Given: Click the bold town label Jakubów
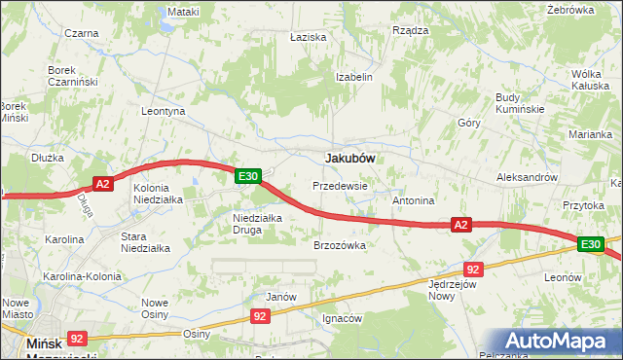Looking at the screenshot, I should [x=350, y=157].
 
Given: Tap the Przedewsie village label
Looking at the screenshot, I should [x=340, y=185].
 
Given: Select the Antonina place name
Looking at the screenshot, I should [x=413, y=200].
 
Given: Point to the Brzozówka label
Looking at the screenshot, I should [x=339, y=246].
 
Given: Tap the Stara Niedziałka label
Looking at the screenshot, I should [x=145, y=242].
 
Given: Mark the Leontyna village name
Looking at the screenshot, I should [x=164, y=112].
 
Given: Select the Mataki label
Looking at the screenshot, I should [x=183, y=12].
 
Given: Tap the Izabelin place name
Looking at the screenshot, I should [x=354, y=77].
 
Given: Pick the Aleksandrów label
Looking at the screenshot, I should [x=527, y=178].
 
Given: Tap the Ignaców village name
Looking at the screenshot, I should [x=343, y=318].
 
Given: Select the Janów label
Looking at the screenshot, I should [x=280, y=296].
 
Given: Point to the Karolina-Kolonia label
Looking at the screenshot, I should [x=82, y=276].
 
